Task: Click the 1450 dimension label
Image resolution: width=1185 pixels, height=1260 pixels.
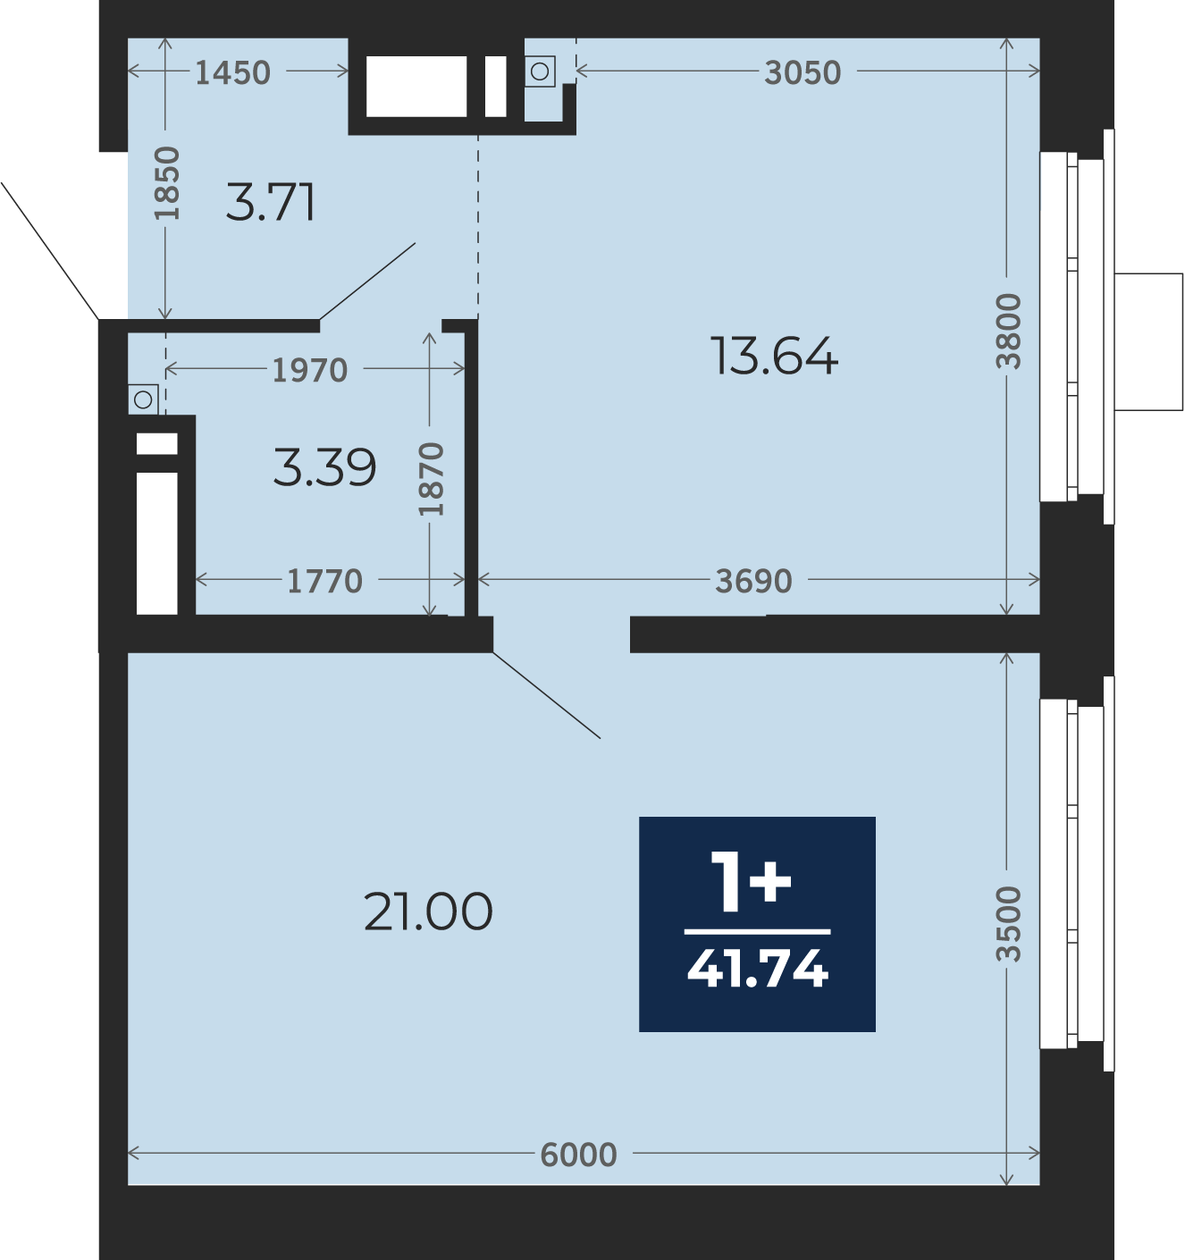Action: [233, 72]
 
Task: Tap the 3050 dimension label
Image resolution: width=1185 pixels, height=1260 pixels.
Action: [803, 72]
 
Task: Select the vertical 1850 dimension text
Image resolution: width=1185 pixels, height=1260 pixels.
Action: [168, 183]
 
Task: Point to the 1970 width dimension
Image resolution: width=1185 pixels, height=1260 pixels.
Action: [310, 370]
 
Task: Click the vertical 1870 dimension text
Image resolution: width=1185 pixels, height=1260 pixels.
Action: [432, 479]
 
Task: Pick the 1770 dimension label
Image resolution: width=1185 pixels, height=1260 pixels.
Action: [325, 581]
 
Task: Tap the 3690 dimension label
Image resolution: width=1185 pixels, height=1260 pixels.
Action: [754, 581]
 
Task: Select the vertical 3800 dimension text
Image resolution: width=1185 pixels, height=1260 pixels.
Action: [1009, 332]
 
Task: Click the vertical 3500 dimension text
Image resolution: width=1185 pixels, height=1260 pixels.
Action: [1009, 924]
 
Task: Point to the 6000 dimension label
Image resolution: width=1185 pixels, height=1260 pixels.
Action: [578, 1155]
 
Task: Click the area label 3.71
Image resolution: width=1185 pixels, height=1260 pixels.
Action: [271, 203]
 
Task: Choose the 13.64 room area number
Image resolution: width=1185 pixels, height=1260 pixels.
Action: [774, 357]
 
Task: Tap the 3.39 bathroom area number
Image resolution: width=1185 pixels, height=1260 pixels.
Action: [325, 467]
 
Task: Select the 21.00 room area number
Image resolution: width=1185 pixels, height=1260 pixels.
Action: [428, 911]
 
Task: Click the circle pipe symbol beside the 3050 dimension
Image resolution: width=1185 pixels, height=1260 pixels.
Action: [540, 71]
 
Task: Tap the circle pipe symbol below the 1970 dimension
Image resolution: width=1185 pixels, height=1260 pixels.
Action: [144, 399]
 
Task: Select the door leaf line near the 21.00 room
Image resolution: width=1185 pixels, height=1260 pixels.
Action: [547, 695]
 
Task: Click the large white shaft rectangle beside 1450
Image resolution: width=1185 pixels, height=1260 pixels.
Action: [416, 87]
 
